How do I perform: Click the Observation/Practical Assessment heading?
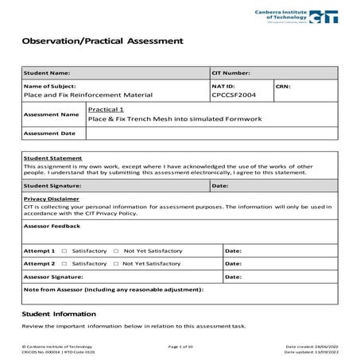click(x=103, y=41)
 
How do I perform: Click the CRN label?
click(x=283, y=85)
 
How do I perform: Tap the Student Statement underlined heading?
click(x=53, y=157)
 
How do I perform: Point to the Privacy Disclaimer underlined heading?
click(x=52, y=199)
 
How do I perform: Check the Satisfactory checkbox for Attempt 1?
click(x=64, y=250)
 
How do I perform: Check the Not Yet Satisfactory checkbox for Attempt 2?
click(x=116, y=263)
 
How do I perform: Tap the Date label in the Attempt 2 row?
click(x=234, y=263)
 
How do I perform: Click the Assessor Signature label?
click(x=54, y=277)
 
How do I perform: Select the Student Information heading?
click(x=59, y=314)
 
